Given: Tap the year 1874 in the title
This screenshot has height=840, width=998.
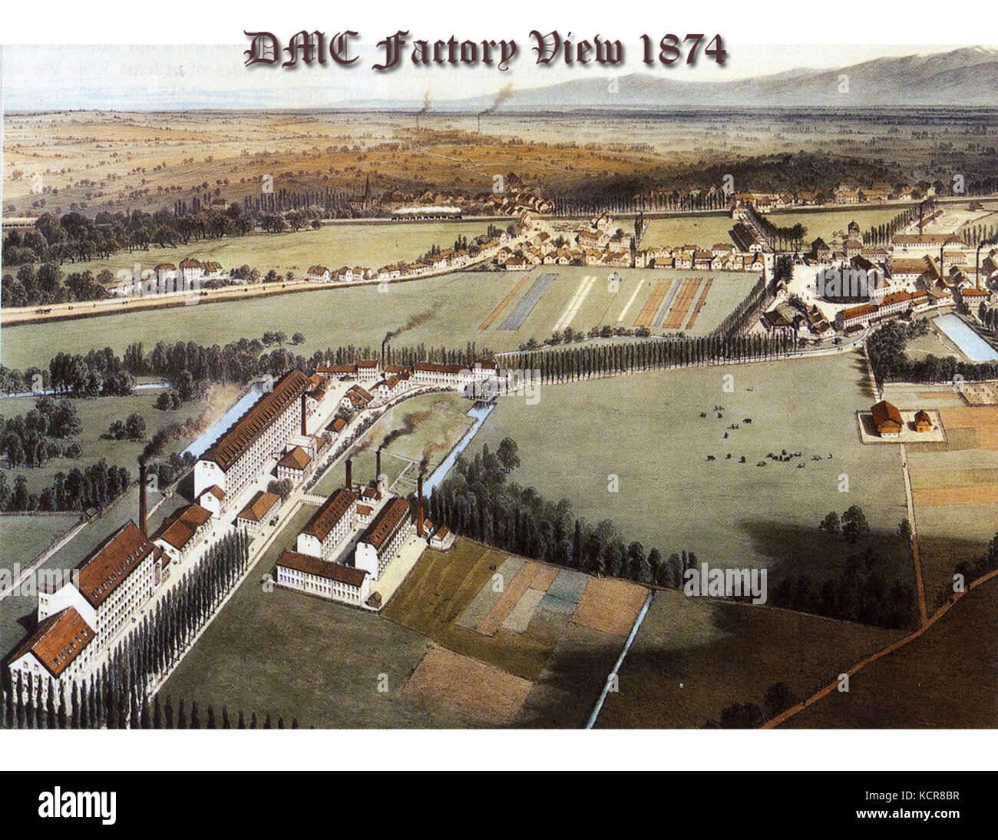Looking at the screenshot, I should [680, 51].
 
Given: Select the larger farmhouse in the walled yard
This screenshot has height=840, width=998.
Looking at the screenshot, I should [887, 417].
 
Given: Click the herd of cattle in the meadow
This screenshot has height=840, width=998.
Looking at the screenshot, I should [748, 441].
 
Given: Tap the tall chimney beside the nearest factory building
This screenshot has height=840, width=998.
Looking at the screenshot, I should [143, 499].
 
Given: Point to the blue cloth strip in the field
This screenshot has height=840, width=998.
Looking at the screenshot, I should [526, 302].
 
